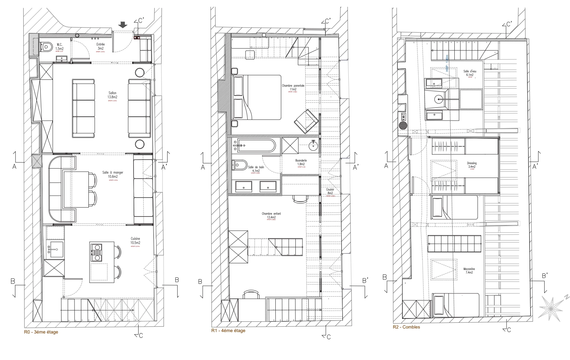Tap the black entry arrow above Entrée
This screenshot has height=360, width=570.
(x=123, y=25)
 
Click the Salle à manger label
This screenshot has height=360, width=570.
(x=112, y=174)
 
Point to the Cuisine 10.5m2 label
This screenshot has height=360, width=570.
(x=135, y=241)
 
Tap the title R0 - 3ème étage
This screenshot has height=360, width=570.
(x=41, y=332)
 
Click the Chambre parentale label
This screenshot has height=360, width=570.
(x=293, y=88)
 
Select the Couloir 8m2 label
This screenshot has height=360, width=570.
(x=330, y=191)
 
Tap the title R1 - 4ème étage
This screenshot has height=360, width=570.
(x=228, y=331)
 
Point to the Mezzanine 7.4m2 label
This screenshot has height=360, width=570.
(x=469, y=270)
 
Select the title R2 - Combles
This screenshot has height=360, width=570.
(x=406, y=327)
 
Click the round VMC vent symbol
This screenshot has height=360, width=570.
(x=403, y=126)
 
